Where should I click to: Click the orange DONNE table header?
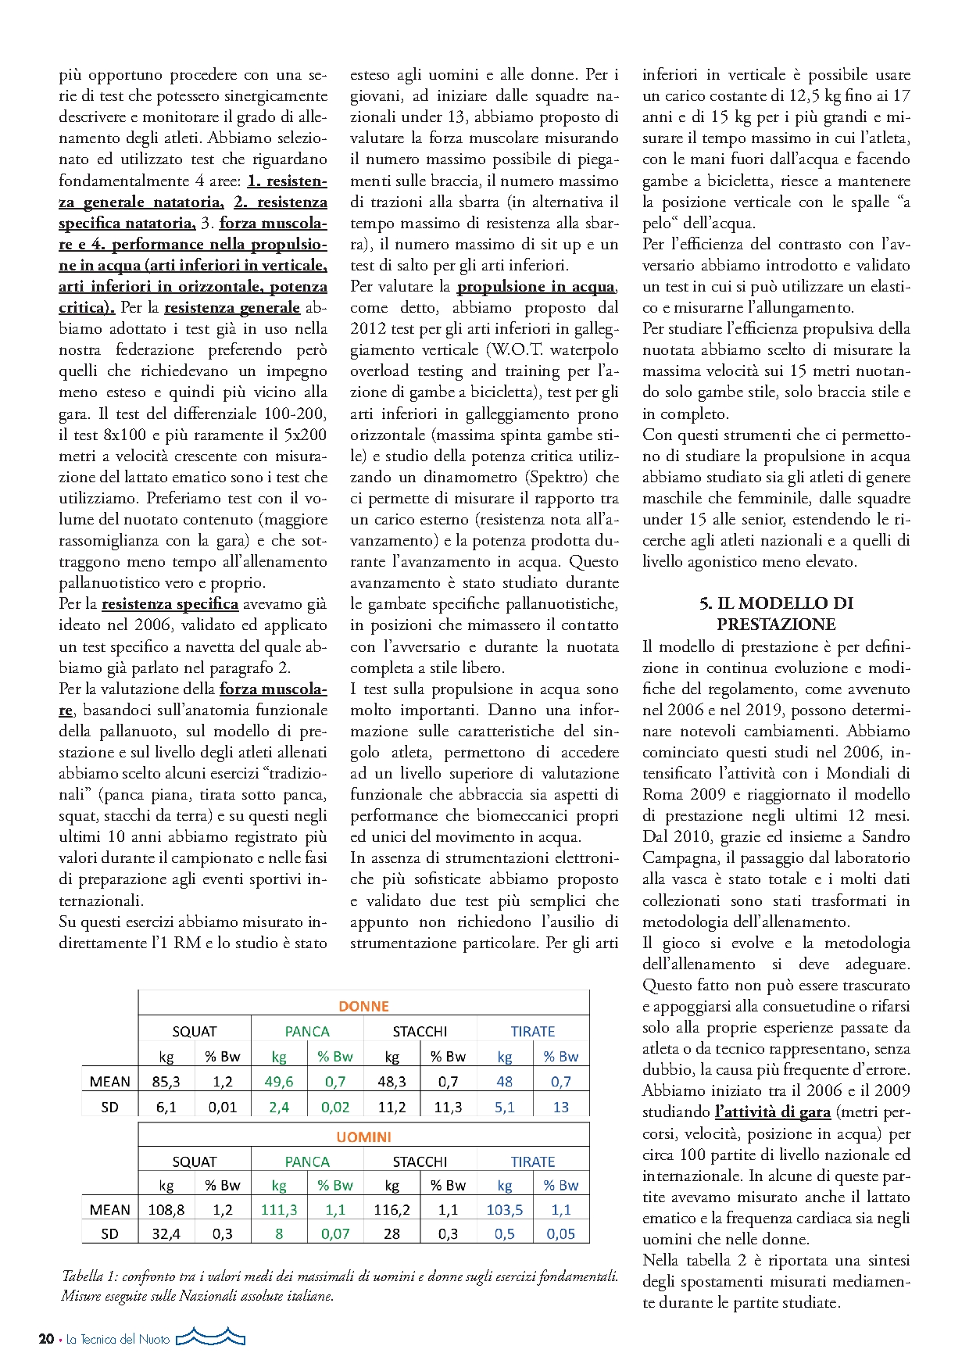[363, 1006]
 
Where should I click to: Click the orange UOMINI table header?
[363, 1137]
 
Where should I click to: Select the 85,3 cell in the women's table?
[166, 1082]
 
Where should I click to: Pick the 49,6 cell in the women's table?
[279, 1082]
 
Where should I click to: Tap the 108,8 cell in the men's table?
[166, 1209]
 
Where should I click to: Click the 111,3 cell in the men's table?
[279, 1209]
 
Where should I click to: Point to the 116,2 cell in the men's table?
[392, 1209]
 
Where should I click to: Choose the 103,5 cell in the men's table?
[505, 1209]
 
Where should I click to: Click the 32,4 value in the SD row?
[166, 1233]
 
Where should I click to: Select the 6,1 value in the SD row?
[166, 1107]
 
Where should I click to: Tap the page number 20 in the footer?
[46, 1339]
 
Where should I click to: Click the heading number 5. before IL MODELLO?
[706, 603]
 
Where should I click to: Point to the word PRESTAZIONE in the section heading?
[776, 625]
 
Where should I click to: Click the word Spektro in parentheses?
[556, 477]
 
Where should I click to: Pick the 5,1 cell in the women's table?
[505, 1107]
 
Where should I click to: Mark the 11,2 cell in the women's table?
[392, 1107]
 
